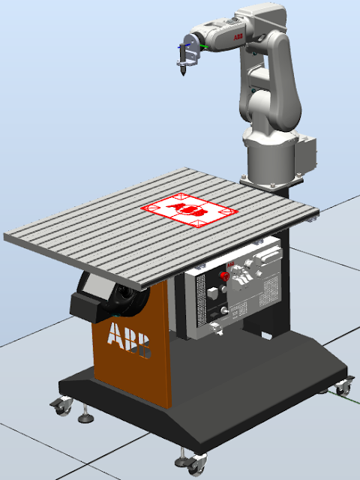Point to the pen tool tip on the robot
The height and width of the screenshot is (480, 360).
point(181,75)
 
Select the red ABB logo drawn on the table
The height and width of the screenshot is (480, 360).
point(187,210)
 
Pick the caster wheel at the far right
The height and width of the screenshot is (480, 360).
point(343,388)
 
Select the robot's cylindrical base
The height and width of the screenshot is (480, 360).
point(269,157)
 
